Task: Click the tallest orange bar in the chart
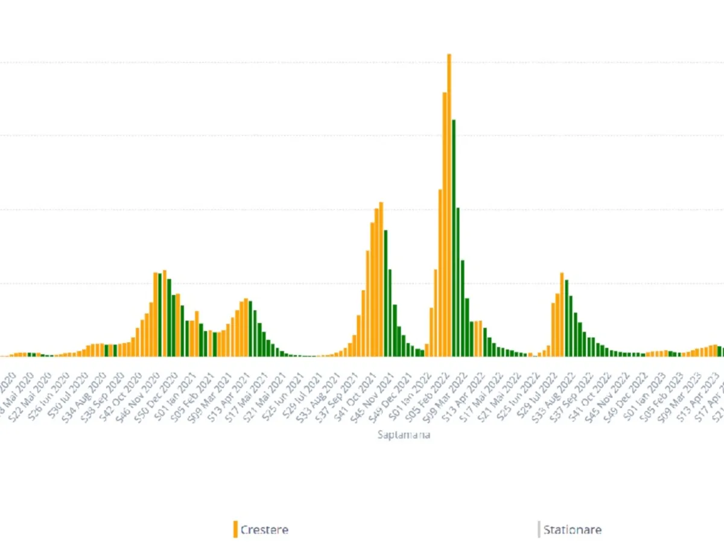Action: pyautogui.click(x=449, y=205)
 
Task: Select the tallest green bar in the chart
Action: pyautogui.click(x=454, y=238)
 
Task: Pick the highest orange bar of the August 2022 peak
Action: pyautogui.click(x=562, y=314)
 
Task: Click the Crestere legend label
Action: pyautogui.click(x=264, y=530)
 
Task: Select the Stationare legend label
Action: pyautogui.click(x=572, y=530)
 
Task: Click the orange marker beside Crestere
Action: pyautogui.click(x=235, y=529)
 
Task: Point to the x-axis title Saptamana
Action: pyautogui.click(x=404, y=434)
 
